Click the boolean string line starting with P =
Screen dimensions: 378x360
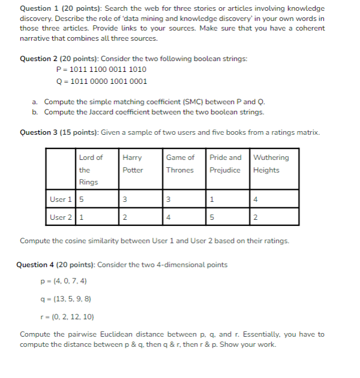pyautogui.click(x=101, y=69)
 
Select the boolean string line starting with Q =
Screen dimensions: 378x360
pyautogui.click(x=101, y=81)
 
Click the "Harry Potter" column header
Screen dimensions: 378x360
pyautogui.click(x=132, y=164)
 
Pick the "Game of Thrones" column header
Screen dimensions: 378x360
pyautogui.click(x=180, y=164)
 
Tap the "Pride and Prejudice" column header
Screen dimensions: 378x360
pyautogui.click(x=225, y=164)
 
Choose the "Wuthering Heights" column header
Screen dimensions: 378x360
pyautogui.click(x=271, y=164)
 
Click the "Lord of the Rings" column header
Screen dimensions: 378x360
pyautogui.click(x=90, y=170)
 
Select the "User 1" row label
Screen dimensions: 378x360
pyautogui.click(x=60, y=199)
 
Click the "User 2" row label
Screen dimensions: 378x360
pyautogui.click(x=60, y=217)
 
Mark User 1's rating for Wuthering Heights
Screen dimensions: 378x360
pyautogui.click(x=256, y=199)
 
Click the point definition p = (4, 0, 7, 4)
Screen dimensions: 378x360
pyautogui.click(x=63, y=280)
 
